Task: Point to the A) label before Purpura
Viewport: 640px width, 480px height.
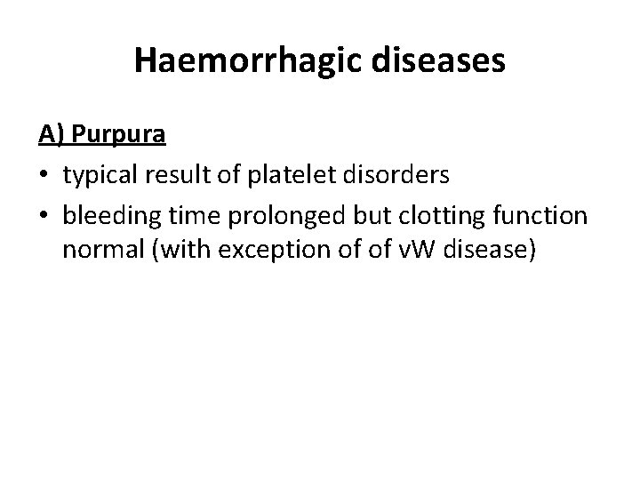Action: pyautogui.click(x=51, y=135)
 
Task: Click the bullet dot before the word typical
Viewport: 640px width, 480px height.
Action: pyautogui.click(x=44, y=175)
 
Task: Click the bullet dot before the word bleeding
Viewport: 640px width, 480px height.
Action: pyautogui.click(x=44, y=214)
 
